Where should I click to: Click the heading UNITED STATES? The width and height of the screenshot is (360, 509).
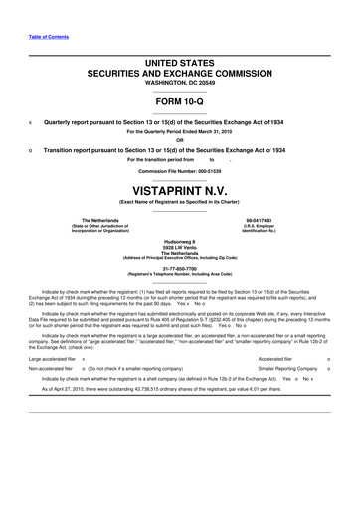click(180, 63)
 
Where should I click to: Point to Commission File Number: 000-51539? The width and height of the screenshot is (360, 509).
click(180, 169)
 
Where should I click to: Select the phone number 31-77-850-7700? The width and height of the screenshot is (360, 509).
click(180, 265)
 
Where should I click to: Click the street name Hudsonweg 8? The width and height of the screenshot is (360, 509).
click(180, 240)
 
